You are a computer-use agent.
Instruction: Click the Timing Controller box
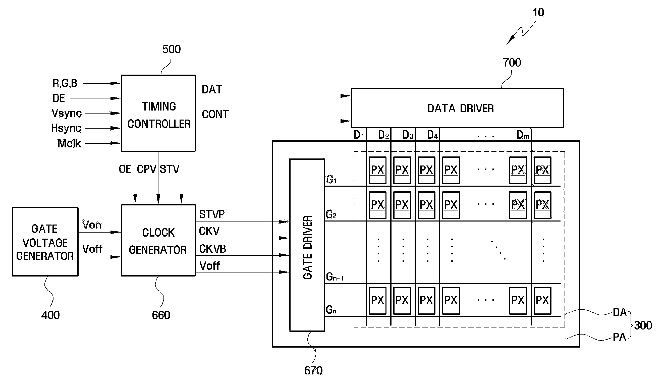click(158, 113)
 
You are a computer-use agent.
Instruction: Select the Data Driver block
click(457, 108)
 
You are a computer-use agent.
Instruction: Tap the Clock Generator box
click(158, 240)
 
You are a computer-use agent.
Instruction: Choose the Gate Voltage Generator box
click(45, 242)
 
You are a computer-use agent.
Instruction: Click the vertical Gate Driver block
click(307, 245)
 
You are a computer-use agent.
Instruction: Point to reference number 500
click(172, 49)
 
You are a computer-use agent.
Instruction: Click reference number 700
click(512, 63)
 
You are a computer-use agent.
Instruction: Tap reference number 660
click(161, 315)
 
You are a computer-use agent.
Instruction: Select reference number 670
click(313, 371)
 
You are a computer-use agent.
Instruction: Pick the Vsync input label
click(67, 113)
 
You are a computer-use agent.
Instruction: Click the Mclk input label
click(69, 143)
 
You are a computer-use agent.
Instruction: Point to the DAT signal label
click(212, 90)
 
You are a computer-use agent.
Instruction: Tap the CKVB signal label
click(212, 249)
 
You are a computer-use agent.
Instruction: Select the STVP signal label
click(212, 214)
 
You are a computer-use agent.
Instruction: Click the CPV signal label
click(147, 169)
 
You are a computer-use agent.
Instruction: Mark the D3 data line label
click(408, 135)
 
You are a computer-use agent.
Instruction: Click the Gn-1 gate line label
click(335, 277)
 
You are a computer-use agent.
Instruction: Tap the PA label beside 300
click(619, 337)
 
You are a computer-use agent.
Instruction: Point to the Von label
click(92, 225)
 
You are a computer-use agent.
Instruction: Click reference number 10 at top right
click(538, 13)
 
